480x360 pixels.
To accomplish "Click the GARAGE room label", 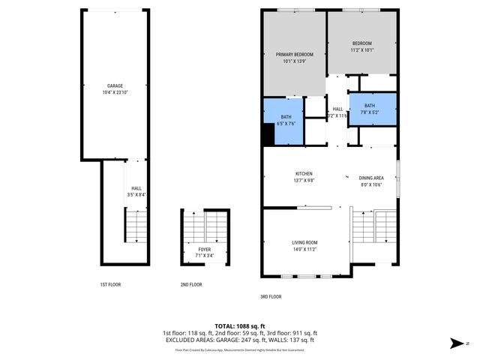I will click(x=114, y=85).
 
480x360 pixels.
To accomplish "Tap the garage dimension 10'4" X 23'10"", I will click(x=114, y=92).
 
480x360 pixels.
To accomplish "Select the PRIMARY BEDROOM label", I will click(x=294, y=55).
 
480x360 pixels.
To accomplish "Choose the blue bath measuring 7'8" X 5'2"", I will click(x=370, y=108).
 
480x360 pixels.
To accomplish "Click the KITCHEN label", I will click(x=304, y=173).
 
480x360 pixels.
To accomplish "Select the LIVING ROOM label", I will click(x=304, y=242).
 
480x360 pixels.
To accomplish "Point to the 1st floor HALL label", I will click(x=136, y=188).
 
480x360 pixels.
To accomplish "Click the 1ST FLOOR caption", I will click(x=110, y=285).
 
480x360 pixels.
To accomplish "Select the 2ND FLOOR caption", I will click(x=191, y=285).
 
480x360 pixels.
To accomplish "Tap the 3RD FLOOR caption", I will click(x=270, y=296).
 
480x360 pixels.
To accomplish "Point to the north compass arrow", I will click(x=454, y=343).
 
